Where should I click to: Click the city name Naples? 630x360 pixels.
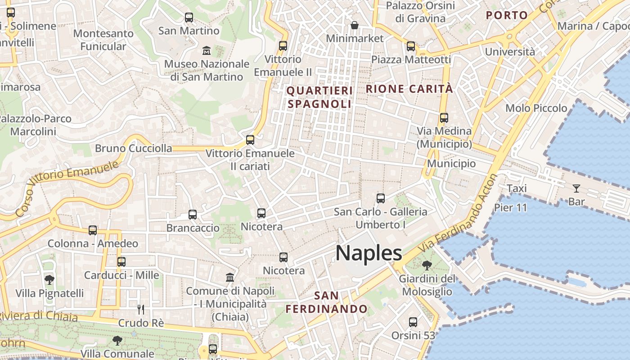coord(369,253)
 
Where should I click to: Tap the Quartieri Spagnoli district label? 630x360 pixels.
coord(319,97)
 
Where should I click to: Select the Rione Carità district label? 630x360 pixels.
coord(409,89)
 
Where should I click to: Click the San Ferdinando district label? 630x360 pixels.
coord(327,302)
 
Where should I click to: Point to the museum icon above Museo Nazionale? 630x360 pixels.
coord(207,50)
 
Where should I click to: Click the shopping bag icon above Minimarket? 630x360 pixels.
coord(355,25)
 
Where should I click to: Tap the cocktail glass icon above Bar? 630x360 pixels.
coord(576,188)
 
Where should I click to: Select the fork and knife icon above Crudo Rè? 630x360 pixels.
coord(141,309)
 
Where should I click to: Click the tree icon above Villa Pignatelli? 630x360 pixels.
coord(49,280)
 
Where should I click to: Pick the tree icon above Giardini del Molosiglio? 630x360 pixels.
coord(427,265)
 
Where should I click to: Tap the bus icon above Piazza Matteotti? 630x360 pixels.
coord(410,46)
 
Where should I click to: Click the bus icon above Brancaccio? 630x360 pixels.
coord(193,214)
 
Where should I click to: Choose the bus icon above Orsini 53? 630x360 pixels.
coord(413,322)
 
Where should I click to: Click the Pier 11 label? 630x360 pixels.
coord(510,207)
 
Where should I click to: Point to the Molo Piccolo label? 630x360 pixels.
coord(536,108)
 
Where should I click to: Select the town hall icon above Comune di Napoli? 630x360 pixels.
coord(230,277)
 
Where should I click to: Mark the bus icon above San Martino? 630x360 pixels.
coord(189,18)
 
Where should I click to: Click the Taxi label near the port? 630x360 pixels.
coord(517,188)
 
